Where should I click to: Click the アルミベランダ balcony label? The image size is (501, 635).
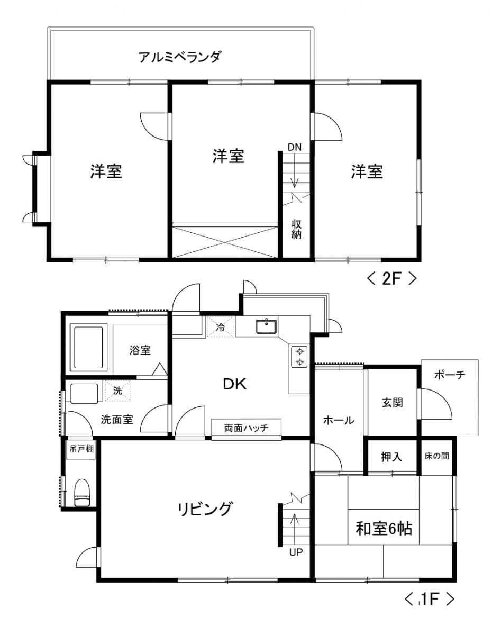click(180, 57)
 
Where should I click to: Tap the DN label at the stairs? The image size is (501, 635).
click(295, 147)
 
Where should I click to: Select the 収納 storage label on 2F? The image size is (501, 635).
click(296, 229)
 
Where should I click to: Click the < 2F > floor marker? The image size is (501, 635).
click(392, 278)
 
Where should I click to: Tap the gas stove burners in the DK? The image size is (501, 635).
click(300, 357)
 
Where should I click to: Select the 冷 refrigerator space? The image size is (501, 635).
click(220, 326)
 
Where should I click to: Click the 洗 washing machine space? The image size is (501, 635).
click(118, 391)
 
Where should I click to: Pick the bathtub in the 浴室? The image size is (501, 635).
click(88, 348)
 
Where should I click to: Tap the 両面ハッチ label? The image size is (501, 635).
click(247, 428)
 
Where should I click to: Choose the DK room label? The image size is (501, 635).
click(235, 384)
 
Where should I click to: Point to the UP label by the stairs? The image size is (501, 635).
click(296, 552)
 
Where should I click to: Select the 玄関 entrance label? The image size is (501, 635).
click(393, 403)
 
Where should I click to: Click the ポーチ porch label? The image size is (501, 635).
click(450, 375)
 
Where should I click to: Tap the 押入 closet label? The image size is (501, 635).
click(391, 457)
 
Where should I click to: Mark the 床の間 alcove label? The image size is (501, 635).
click(436, 456)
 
